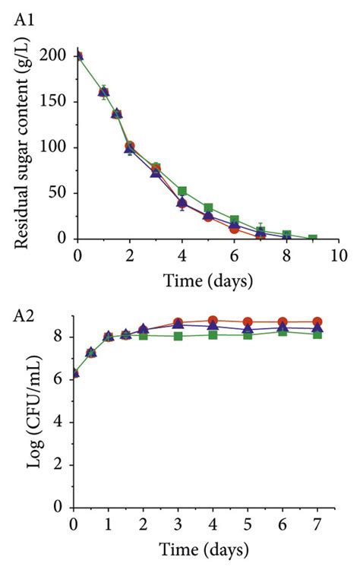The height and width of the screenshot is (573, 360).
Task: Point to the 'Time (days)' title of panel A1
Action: coord(207,281)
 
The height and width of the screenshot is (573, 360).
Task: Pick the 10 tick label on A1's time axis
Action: coord(339,255)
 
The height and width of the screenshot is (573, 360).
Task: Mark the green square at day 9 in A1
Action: coord(312,239)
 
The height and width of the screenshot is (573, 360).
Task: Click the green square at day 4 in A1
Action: coord(182,192)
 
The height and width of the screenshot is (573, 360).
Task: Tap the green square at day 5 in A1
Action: coord(208,207)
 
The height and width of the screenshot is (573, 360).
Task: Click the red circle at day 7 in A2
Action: coord(317,321)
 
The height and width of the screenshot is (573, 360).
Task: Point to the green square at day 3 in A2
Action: coord(178,335)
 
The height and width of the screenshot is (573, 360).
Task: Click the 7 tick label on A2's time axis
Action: coord(317,524)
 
